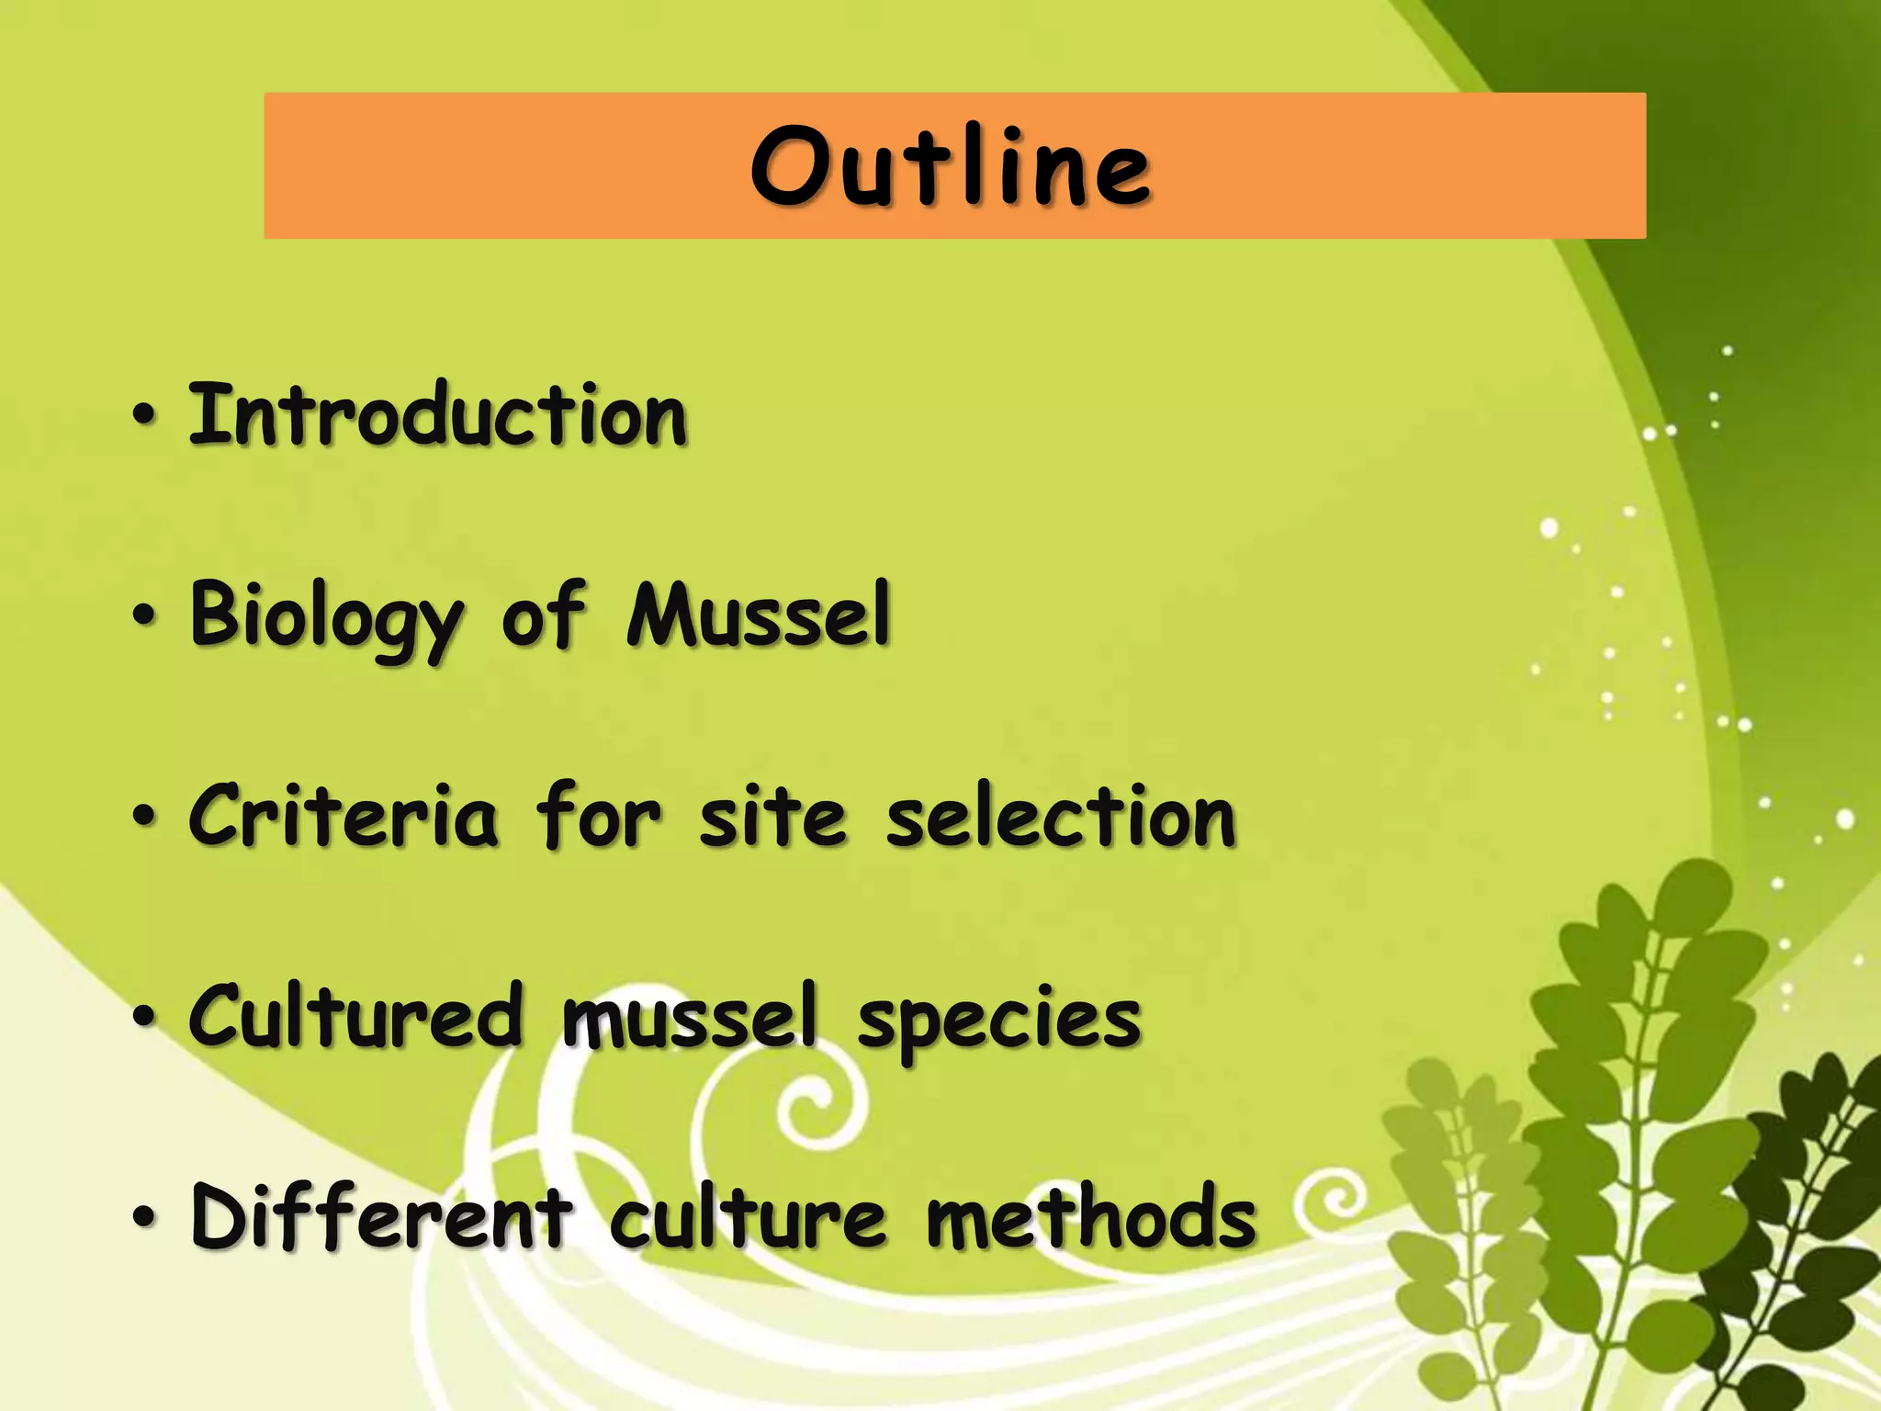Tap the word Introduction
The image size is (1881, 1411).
pyautogui.click(x=437, y=415)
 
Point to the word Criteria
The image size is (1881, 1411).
pyautogui.click(x=344, y=816)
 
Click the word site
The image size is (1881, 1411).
pyautogui.click(x=772, y=816)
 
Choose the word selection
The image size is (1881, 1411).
pyautogui.click(x=1061, y=816)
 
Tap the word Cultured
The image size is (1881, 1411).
pyautogui.click(x=355, y=1016)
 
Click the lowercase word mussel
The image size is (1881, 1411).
pyautogui.click(x=689, y=1016)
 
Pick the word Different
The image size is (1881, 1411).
pyautogui.click(x=381, y=1216)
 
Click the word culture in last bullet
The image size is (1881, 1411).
pyautogui.click(x=749, y=1216)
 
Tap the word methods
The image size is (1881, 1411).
pyautogui.click(x=1090, y=1216)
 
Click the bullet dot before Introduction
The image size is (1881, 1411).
pyautogui.click(x=144, y=417)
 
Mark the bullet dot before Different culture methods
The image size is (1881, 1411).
pyautogui.click(x=144, y=1218)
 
